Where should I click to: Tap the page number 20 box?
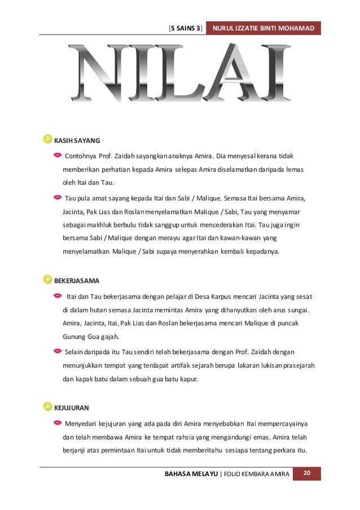(307, 472)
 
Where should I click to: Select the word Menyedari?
(81, 423)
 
